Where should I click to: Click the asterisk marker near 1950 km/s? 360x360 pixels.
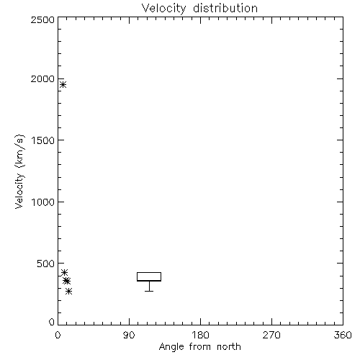point(63,84)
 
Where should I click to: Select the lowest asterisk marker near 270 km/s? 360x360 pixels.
point(69,291)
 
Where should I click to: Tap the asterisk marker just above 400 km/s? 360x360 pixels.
point(64,272)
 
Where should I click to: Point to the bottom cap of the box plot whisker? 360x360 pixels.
point(149,291)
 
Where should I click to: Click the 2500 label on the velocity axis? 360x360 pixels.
point(42,19)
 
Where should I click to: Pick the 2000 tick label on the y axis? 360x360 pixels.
point(42,78)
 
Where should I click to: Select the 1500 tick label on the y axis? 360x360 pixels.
point(43,140)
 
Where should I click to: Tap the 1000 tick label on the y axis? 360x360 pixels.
point(43,202)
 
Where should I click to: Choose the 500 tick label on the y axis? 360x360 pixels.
point(45,264)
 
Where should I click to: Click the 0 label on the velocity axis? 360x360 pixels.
point(52,322)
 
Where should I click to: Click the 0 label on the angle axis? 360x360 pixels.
point(58,335)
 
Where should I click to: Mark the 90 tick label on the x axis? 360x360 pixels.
point(129,335)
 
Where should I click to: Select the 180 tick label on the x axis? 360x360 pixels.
point(200,335)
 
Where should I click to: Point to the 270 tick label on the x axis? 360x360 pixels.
point(271,335)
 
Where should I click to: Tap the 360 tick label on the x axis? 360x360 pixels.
point(343,335)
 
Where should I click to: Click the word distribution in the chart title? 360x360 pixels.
point(225,8)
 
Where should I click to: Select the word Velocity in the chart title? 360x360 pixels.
point(163,9)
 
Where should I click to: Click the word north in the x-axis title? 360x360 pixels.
point(229,346)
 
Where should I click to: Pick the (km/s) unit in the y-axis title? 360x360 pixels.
point(19,151)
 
